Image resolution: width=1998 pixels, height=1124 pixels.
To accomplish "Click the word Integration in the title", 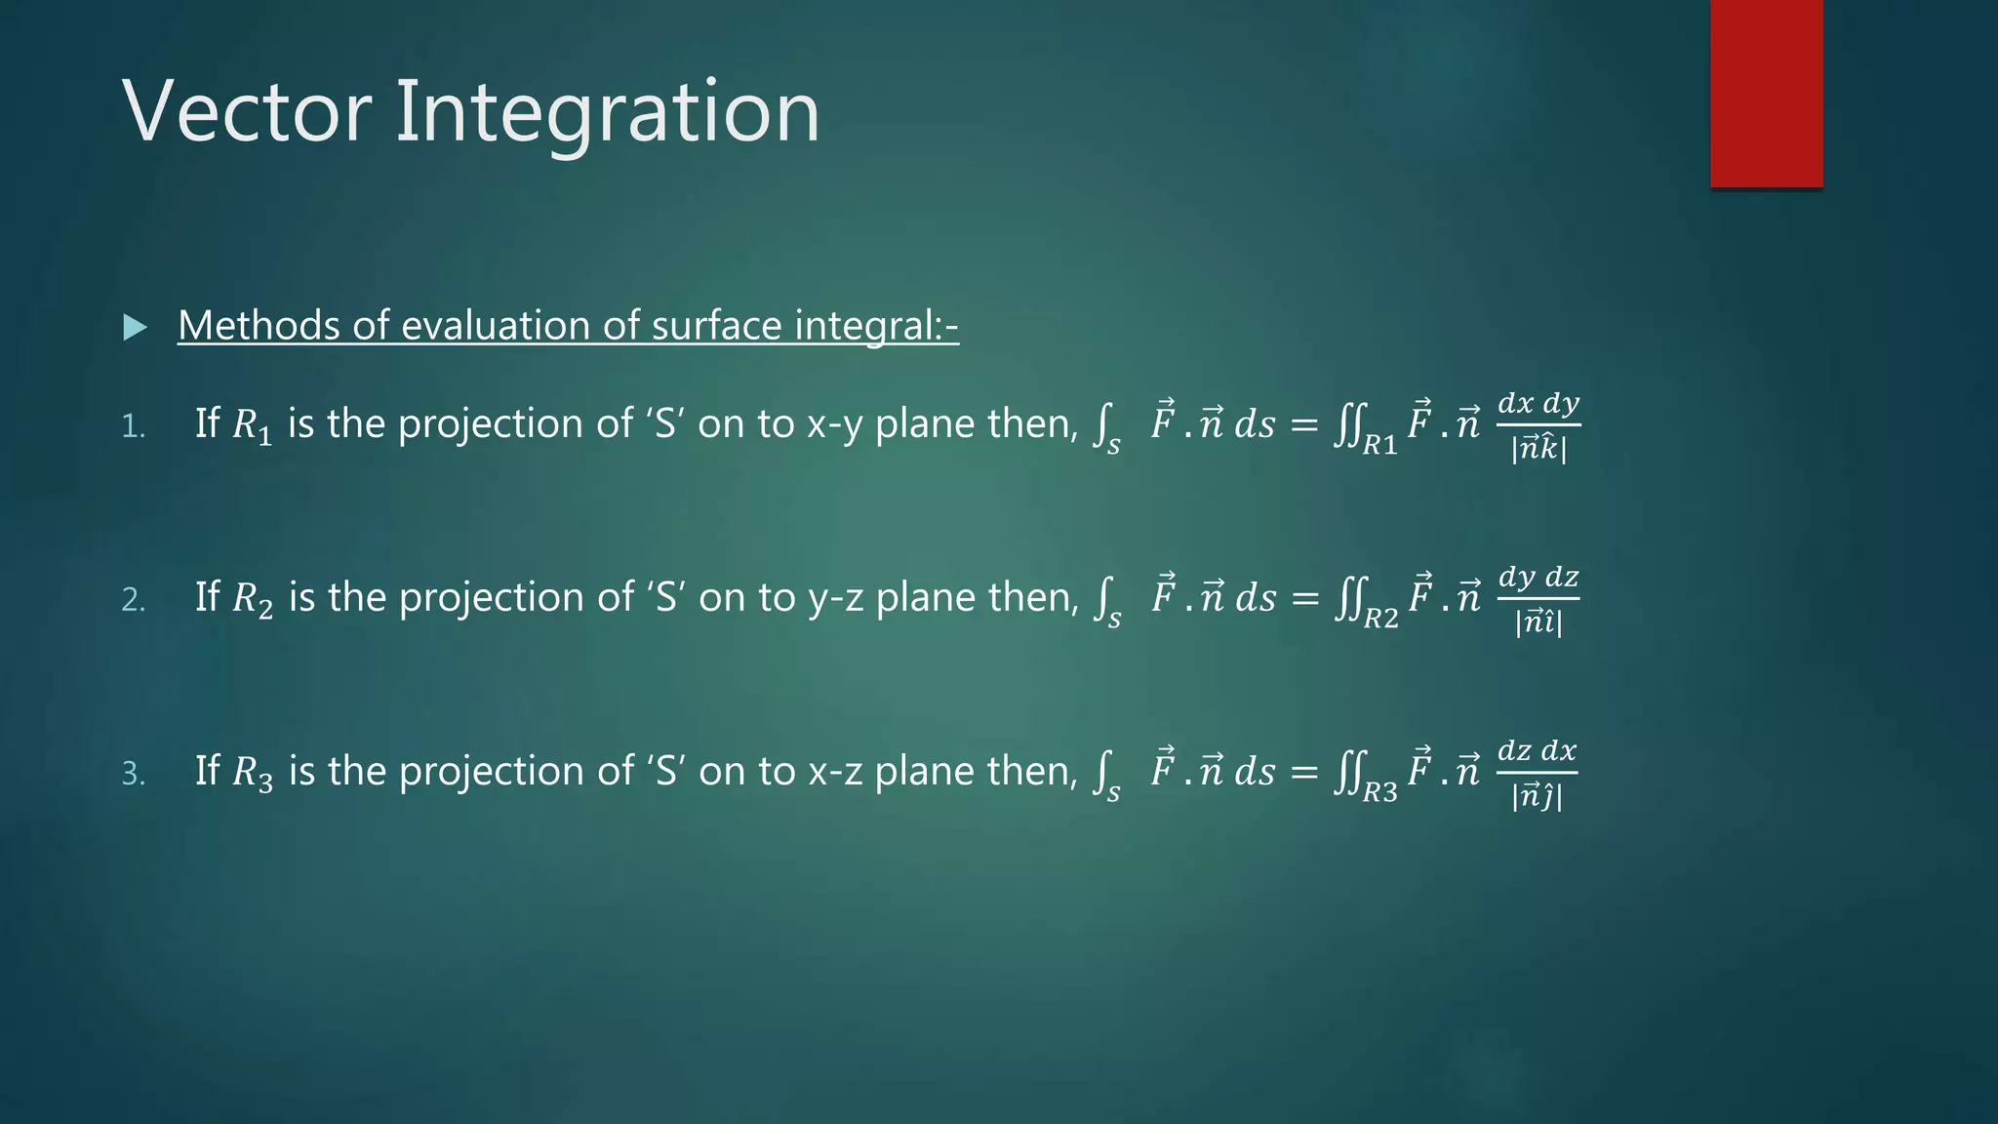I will pyautogui.click(x=606, y=113).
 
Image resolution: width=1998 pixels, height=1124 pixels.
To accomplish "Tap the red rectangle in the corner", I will pyautogui.click(x=1766, y=93).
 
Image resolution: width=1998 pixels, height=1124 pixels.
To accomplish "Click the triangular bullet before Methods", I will pyautogui.click(x=135, y=327).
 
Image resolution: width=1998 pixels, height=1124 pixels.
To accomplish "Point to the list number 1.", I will pyautogui.click(x=133, y=426).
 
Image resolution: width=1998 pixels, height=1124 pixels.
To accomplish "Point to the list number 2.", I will pyautogui.click(x=133, y=600).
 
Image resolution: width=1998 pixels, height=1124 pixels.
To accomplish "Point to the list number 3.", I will pyautogui.click(x=133, y=774).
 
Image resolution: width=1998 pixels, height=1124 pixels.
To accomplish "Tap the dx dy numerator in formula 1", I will pyautogui.click(x=1538, y=403).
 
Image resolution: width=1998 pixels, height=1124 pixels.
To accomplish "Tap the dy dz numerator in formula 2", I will pyautogui.click(x=1538, y=577).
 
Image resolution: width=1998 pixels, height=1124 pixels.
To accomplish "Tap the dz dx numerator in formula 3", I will pyautogui.click(x=1537, y=750).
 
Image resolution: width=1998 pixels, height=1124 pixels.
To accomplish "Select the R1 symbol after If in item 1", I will pyautogui.click(x=252, y=426).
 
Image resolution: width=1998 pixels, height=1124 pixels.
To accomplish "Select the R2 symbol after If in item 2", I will pyautogui.click(x=252, y=600).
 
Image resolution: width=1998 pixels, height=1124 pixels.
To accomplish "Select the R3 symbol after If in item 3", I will pyautogui.click(x=252, y=774).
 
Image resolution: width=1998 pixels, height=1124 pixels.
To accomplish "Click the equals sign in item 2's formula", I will pyautogui.click(x=1304, y=598).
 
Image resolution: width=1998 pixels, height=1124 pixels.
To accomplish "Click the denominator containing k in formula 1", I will pyautogui.click(x=1538, y=449).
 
